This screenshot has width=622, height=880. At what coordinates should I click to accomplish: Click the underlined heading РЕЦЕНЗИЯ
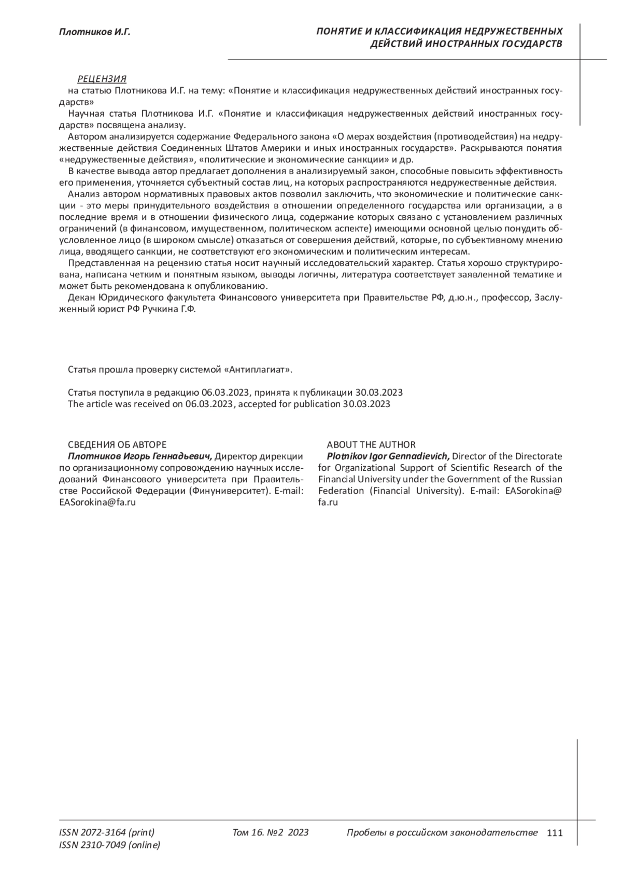point(102,79)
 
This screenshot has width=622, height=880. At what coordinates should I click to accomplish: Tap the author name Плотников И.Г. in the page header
point(95,32)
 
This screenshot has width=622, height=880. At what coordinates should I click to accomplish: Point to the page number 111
point(554,833)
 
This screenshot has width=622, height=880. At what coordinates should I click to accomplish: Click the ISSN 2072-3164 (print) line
point(107,833)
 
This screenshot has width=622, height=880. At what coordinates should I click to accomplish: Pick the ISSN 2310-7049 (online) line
point(110,845)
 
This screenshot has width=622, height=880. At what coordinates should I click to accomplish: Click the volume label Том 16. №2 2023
point(271,833)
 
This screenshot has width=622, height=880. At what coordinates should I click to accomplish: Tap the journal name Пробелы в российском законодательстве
point(442,833)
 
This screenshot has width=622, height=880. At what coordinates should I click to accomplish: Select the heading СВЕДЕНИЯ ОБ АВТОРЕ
point(117,445)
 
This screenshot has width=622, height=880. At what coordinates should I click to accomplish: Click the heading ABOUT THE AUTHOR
point(371,445)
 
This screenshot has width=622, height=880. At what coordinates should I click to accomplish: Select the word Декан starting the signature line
point(81,298)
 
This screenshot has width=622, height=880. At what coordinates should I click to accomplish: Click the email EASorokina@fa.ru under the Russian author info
point(98,502)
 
